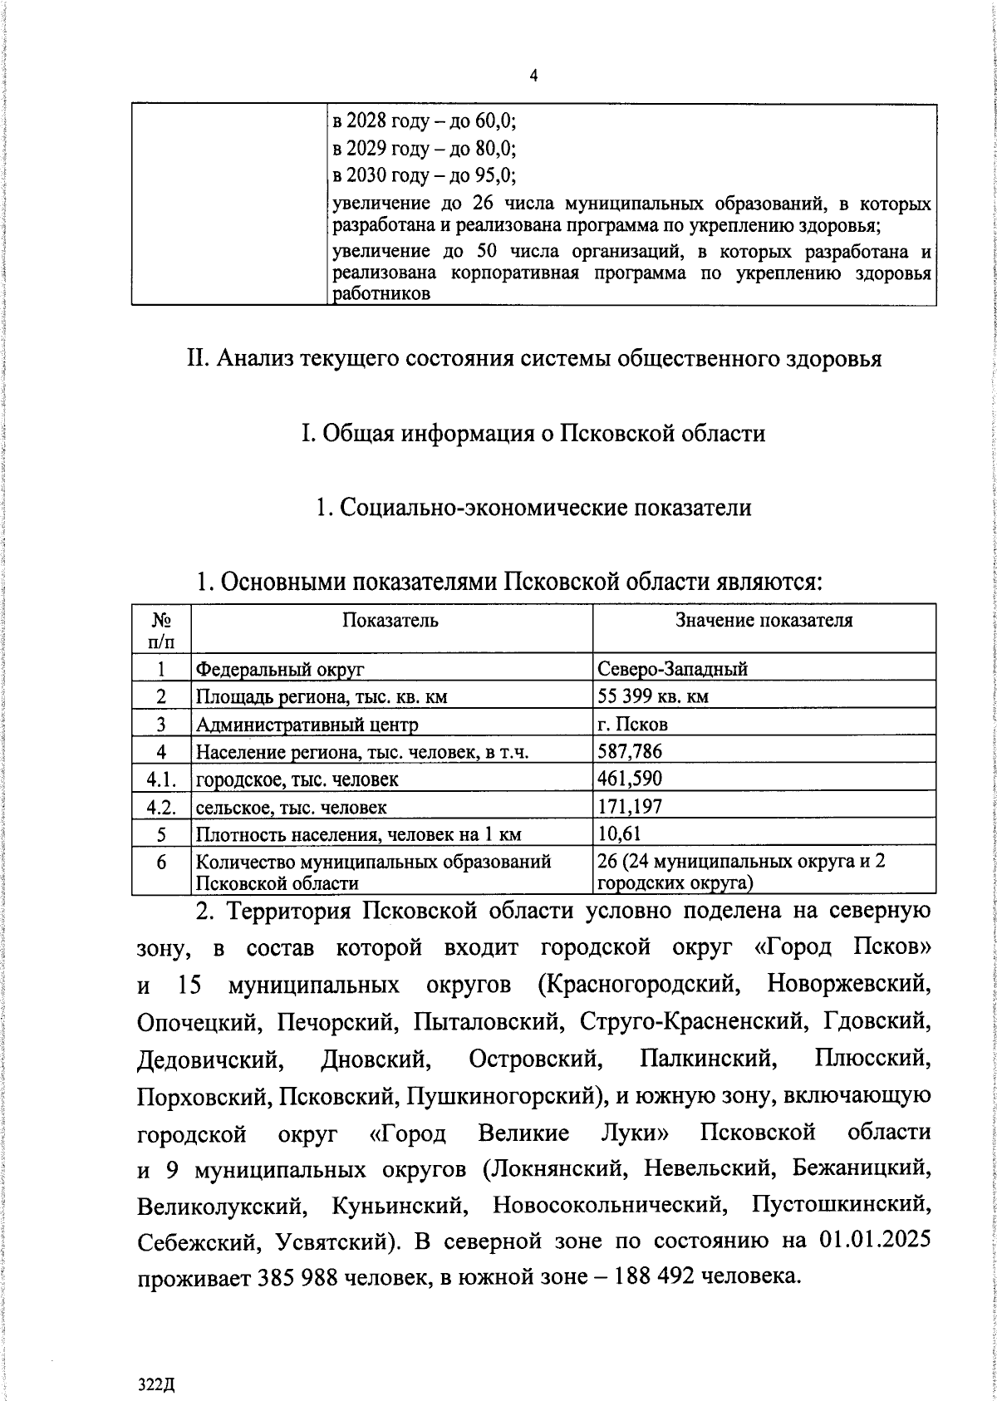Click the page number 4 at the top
point(533,76)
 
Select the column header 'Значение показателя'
point(764,621)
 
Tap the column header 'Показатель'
point(390,621)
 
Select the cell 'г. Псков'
point(632,725)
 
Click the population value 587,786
point(630,752)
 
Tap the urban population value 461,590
point(630,779)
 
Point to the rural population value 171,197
point(630,807)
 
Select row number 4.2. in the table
point(161,807)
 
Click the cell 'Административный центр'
point(307,725)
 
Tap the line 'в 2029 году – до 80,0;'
point(425,149)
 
